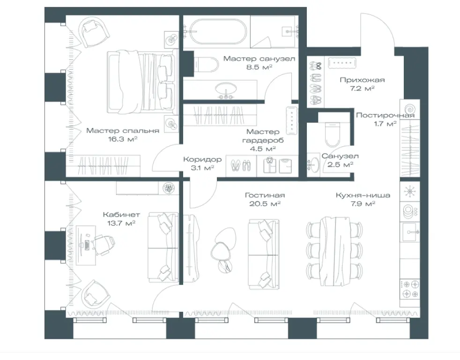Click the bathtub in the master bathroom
(217, 32)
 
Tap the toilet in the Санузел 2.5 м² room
(333, 135)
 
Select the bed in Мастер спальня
(143, 82)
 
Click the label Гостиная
(265, 195)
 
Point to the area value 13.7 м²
(121, 223)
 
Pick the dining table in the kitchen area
(334, 251)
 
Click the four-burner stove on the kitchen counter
(410, 289)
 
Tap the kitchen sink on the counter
(410, 232)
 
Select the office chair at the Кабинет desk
(103, 243)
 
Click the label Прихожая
(362, 80)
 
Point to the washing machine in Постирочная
(409, 109)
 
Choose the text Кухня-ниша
(363, 195)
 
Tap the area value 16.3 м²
(123, 139)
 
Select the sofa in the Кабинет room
(163, 247)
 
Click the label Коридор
(202, 159)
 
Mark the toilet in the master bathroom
(206, 64)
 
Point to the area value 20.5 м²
(265, 203)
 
